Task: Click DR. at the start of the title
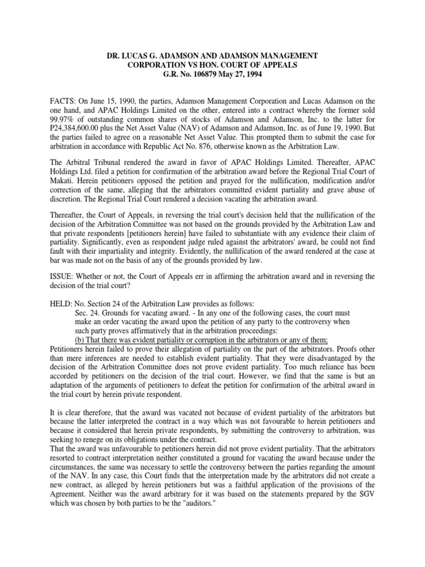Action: (x=114, y=56)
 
